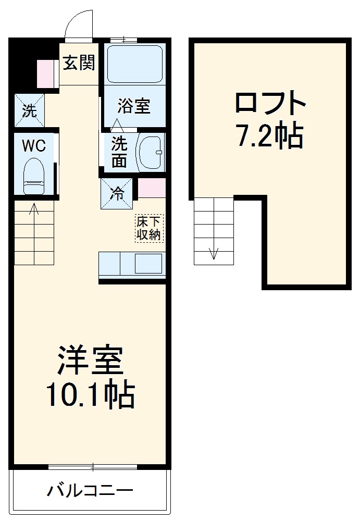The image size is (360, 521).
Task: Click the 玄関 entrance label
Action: tap(79, 63)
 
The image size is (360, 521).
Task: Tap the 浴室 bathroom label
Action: tap(134, 106)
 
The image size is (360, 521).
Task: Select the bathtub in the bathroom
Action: tap(134, 64)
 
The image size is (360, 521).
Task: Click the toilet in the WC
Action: tap(34, 176)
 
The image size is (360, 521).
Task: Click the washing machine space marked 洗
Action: tap(29, 110)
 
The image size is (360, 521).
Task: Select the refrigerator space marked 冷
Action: tap(117, 194)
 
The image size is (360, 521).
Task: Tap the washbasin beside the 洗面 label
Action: tap(151, 152)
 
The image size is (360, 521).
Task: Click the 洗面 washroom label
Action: tap(119, 151)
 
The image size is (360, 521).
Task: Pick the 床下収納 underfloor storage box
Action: tap(149, 228)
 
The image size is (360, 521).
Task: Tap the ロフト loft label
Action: tap(269, 103)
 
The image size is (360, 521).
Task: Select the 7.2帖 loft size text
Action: tap(269, 137)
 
